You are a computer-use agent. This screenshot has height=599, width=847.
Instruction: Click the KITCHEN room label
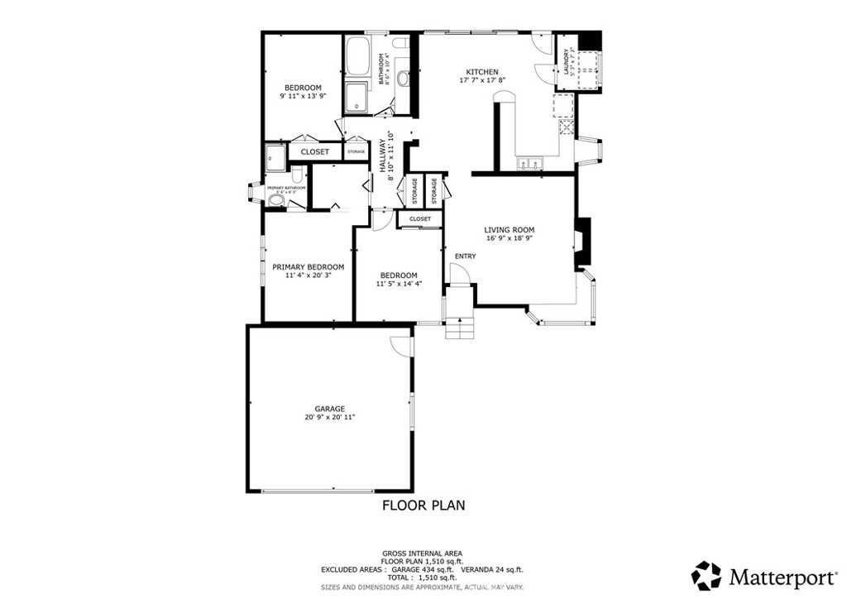[481, 71]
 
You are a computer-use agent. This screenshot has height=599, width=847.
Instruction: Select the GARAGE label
[329, 409]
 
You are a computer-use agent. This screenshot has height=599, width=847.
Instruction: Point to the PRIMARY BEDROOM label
[308, 266]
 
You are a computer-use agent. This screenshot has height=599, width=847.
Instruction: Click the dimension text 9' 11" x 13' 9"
[303, 96]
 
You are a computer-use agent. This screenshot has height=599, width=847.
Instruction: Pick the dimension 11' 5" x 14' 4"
[398, 284]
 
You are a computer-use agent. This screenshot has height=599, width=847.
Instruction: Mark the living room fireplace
[583, 243]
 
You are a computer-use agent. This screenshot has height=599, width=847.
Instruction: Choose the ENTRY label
[465, 256]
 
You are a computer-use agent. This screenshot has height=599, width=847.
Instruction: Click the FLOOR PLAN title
[423, 504]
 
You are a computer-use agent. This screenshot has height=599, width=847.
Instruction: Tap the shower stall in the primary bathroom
[275, 155]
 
